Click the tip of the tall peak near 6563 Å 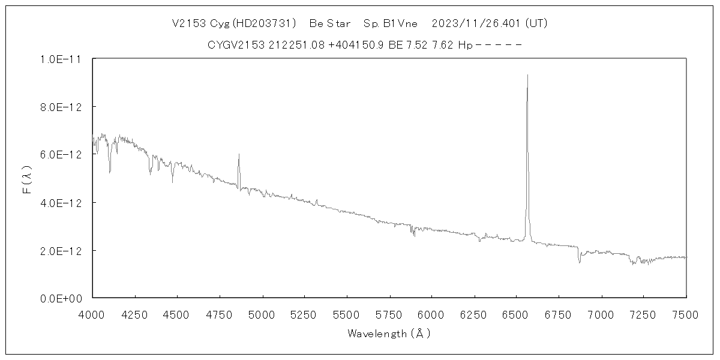click(527, 75)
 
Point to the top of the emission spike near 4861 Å click(239, 154)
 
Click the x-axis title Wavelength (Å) click(389, 334)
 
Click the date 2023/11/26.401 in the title click(477, 23)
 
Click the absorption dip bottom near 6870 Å click(580, 262)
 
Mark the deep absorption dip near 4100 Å click(110, 173)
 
